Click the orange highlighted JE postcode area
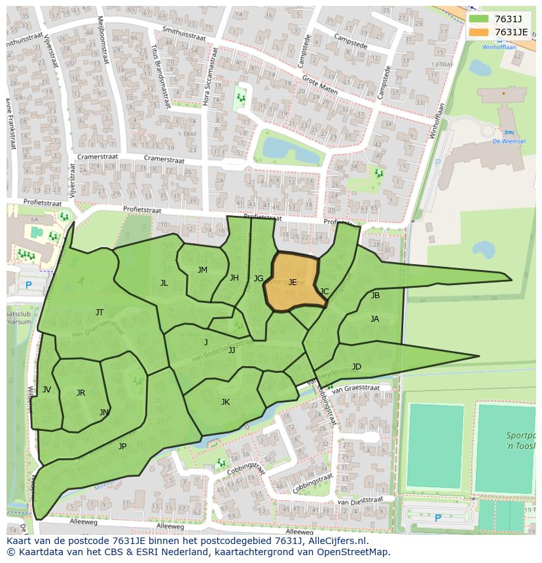[292, 282]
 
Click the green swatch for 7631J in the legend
[479, 18]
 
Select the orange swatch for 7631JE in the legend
[479, 32]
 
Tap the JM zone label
[202, 270]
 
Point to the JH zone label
[234, 278]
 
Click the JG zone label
[259, 279]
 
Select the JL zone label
[164, 283]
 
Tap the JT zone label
[99, 313]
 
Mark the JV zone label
[46, 390]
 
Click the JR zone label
[81, 393]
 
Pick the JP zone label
[122, 447]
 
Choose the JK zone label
[225, 402]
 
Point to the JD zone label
[356, 367]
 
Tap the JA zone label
[374, 319]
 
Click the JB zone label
[375, 296]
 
